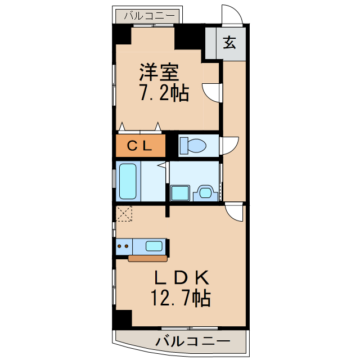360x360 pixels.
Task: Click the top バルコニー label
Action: tap(150, 16)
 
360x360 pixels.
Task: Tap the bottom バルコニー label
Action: tap(193, 341)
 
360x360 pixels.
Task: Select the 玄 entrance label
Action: tap(231, 42)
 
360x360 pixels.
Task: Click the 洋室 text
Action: tap(159, 73)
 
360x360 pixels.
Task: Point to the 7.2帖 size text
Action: tap(164, 93)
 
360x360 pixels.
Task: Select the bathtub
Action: tap(128, 181)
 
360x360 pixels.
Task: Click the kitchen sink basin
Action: tap(154, 245)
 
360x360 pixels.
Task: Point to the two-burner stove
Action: tap(123, 245)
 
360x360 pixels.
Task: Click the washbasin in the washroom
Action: tap(204, 193)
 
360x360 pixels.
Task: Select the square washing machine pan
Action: tap(181, 193)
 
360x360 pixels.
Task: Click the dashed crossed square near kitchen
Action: tap(124, 214)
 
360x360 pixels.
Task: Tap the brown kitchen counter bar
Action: tap(147, 259)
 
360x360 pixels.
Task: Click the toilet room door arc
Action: tap(229, 147)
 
